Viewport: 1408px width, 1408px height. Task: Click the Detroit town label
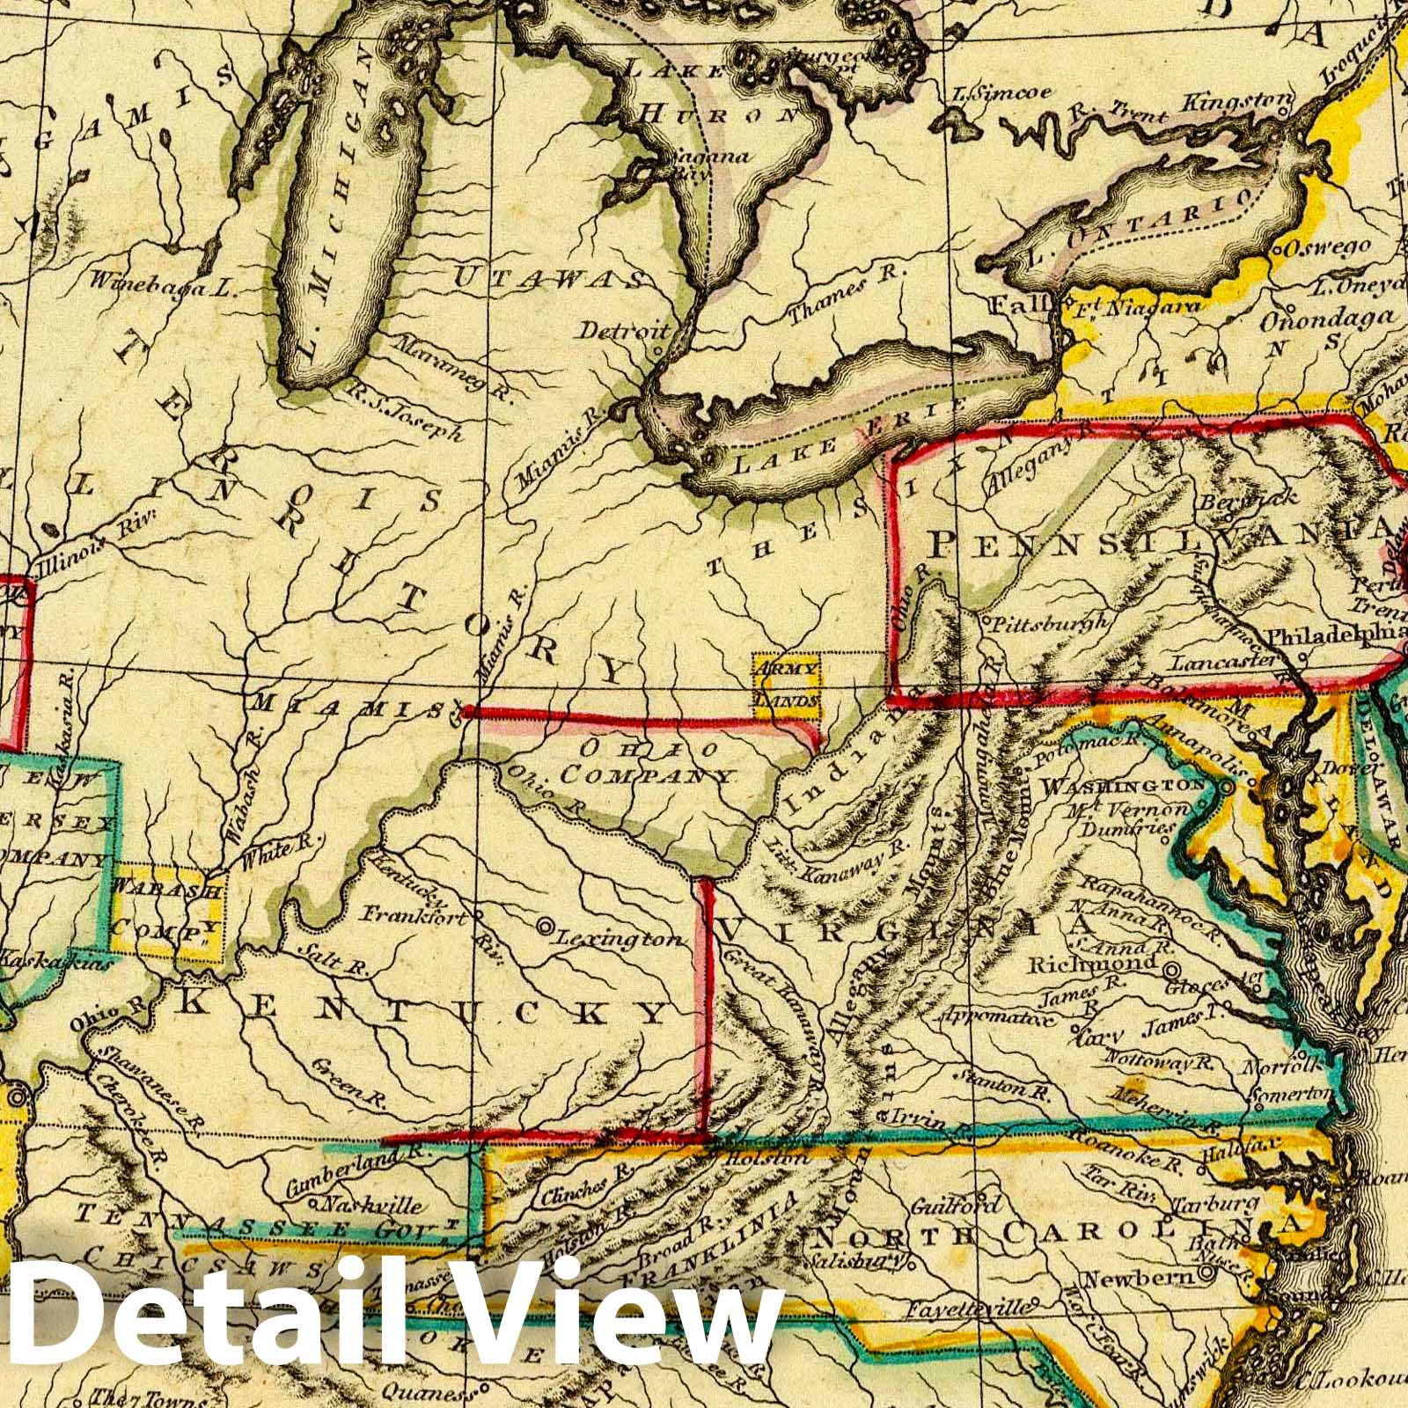click(624, 332)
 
